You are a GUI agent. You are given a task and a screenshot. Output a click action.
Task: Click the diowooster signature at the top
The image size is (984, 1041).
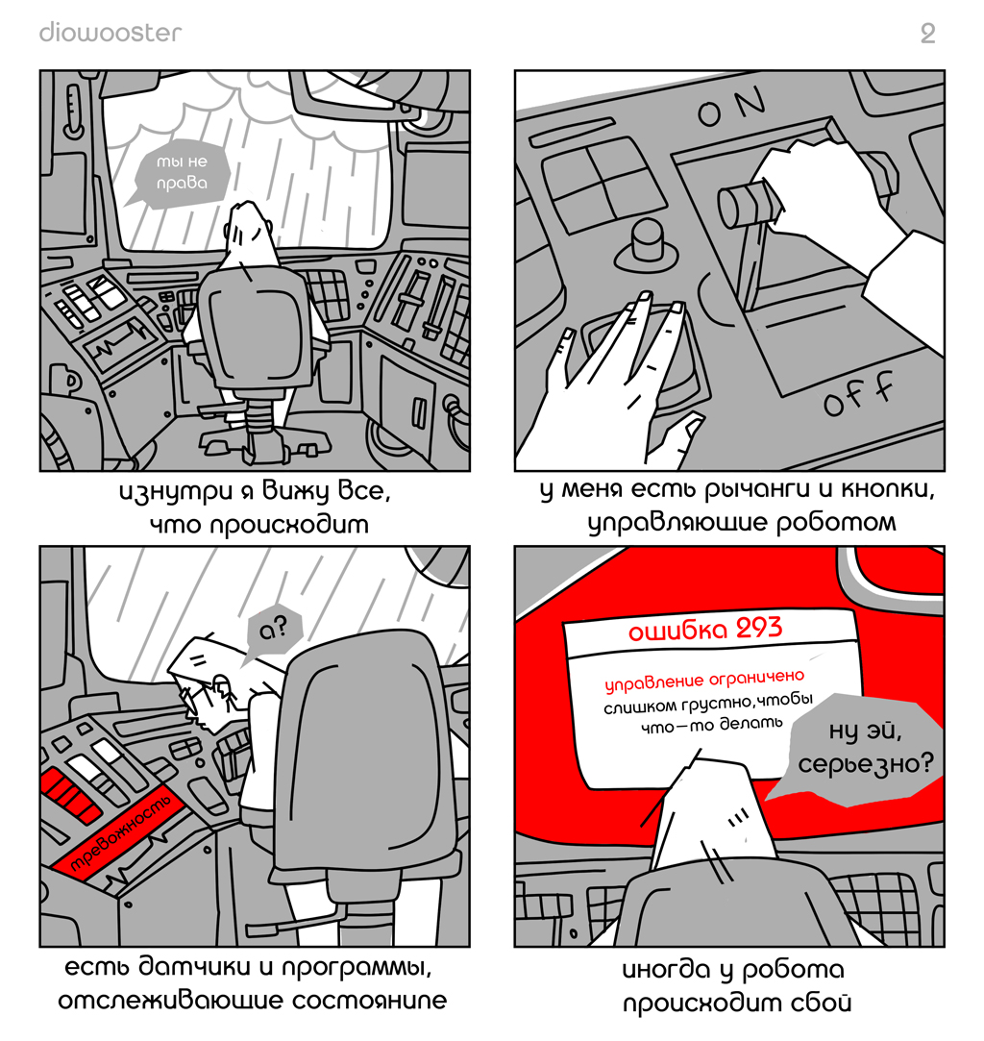(111, 33)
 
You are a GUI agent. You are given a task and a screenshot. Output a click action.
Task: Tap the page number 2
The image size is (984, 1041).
(927, 34)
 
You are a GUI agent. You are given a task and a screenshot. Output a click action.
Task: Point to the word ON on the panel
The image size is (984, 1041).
(731, 107)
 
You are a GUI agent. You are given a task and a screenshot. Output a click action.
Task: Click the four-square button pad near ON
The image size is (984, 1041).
(603, 182)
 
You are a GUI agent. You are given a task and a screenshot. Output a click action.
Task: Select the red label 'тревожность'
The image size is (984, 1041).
(120, 831)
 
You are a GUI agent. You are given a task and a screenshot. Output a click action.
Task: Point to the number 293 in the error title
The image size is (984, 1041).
(759, 628)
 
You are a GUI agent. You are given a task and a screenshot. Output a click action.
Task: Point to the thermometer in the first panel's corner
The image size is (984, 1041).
(73, 111)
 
